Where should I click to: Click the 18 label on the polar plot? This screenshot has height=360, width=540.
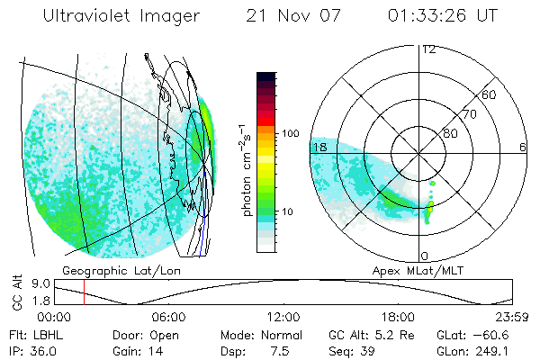pyautogui.click(x=318, y=147)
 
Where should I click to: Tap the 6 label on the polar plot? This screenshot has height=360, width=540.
pyautogui.click(x=523, y=147)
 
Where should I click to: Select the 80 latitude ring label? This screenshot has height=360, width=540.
pyautogui.click(x=450, y=133)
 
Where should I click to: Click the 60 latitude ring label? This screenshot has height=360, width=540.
pyautogui.click(x=490, y=94)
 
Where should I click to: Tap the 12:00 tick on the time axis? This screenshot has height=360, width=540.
pyautogui.click(x=283, y=317)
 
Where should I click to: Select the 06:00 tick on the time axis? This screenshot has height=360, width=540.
pyautogui.click(x=169, y=317)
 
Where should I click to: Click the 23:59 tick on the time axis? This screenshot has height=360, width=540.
pyautogui.click(x=511, y=317)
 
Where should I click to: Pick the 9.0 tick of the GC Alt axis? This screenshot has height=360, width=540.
pyautogui.click(x=40, y=283)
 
